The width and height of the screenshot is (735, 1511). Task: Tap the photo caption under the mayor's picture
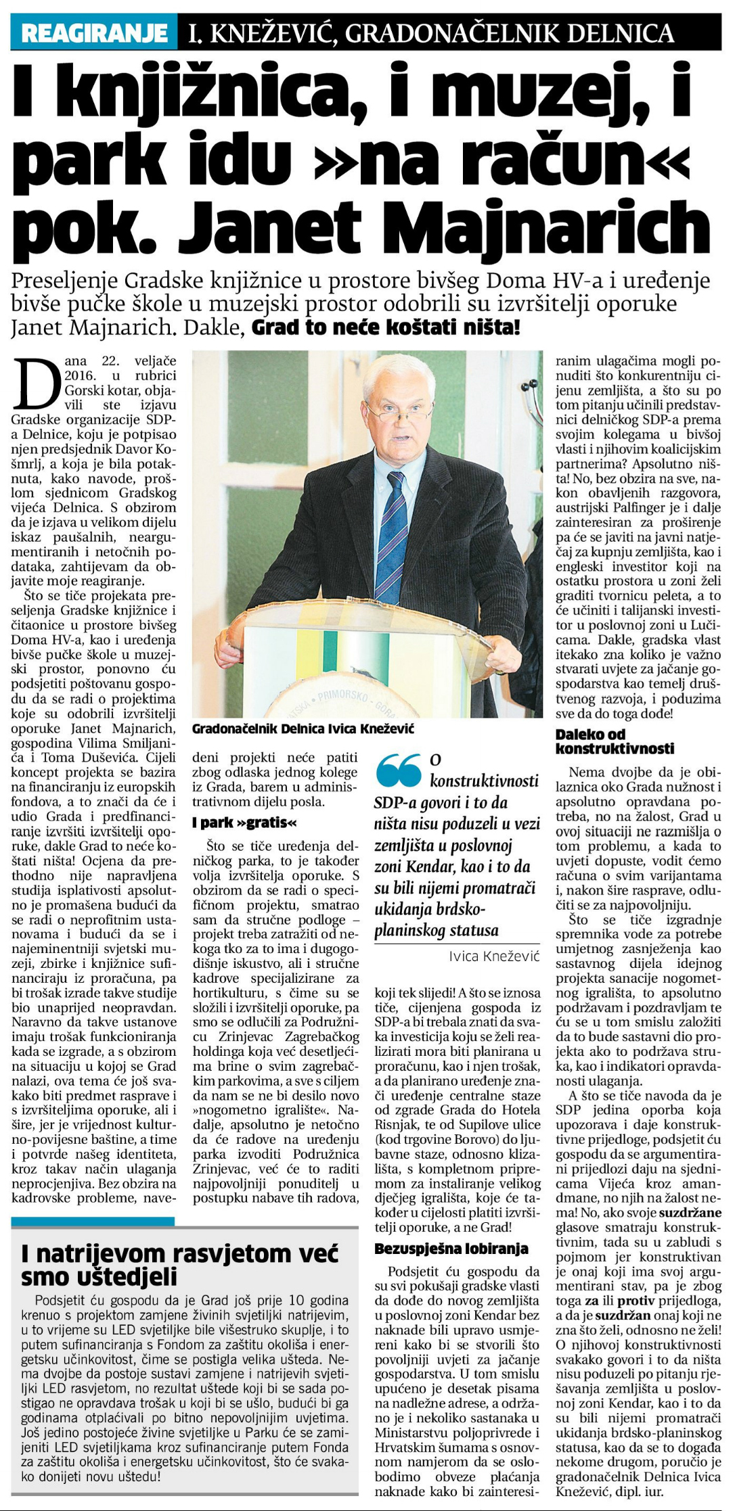pyautogui.click(x=303, y=728)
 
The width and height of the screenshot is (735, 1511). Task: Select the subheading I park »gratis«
pyautogui.click(x=245, y=822)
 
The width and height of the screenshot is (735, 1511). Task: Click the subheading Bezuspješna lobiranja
pyautogui.click(x=451, y=1249)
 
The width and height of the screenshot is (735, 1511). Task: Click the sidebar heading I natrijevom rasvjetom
pyautogui.click(x=179, y=1265)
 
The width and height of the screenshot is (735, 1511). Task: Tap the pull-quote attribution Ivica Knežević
pyautogui.click(x=494, y=956)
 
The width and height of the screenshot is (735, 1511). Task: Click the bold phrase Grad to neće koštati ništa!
pyautogui.click(x=386, y=329)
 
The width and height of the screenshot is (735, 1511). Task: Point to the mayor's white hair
pyautogui.click(x=400, y=369)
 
